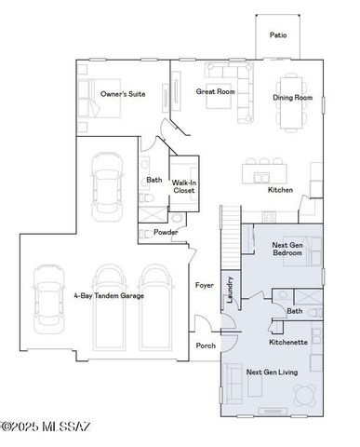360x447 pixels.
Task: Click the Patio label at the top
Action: click(278, 35)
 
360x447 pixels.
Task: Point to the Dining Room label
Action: click(290, 98)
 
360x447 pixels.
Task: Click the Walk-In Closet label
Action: click(185, 185)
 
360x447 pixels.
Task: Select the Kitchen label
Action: click(280, 190)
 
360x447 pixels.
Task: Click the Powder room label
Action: click(166, 232)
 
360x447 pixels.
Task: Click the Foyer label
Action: click(205, 285)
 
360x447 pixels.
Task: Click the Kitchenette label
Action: click(288, 343)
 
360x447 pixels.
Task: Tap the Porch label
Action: click(206, 345)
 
